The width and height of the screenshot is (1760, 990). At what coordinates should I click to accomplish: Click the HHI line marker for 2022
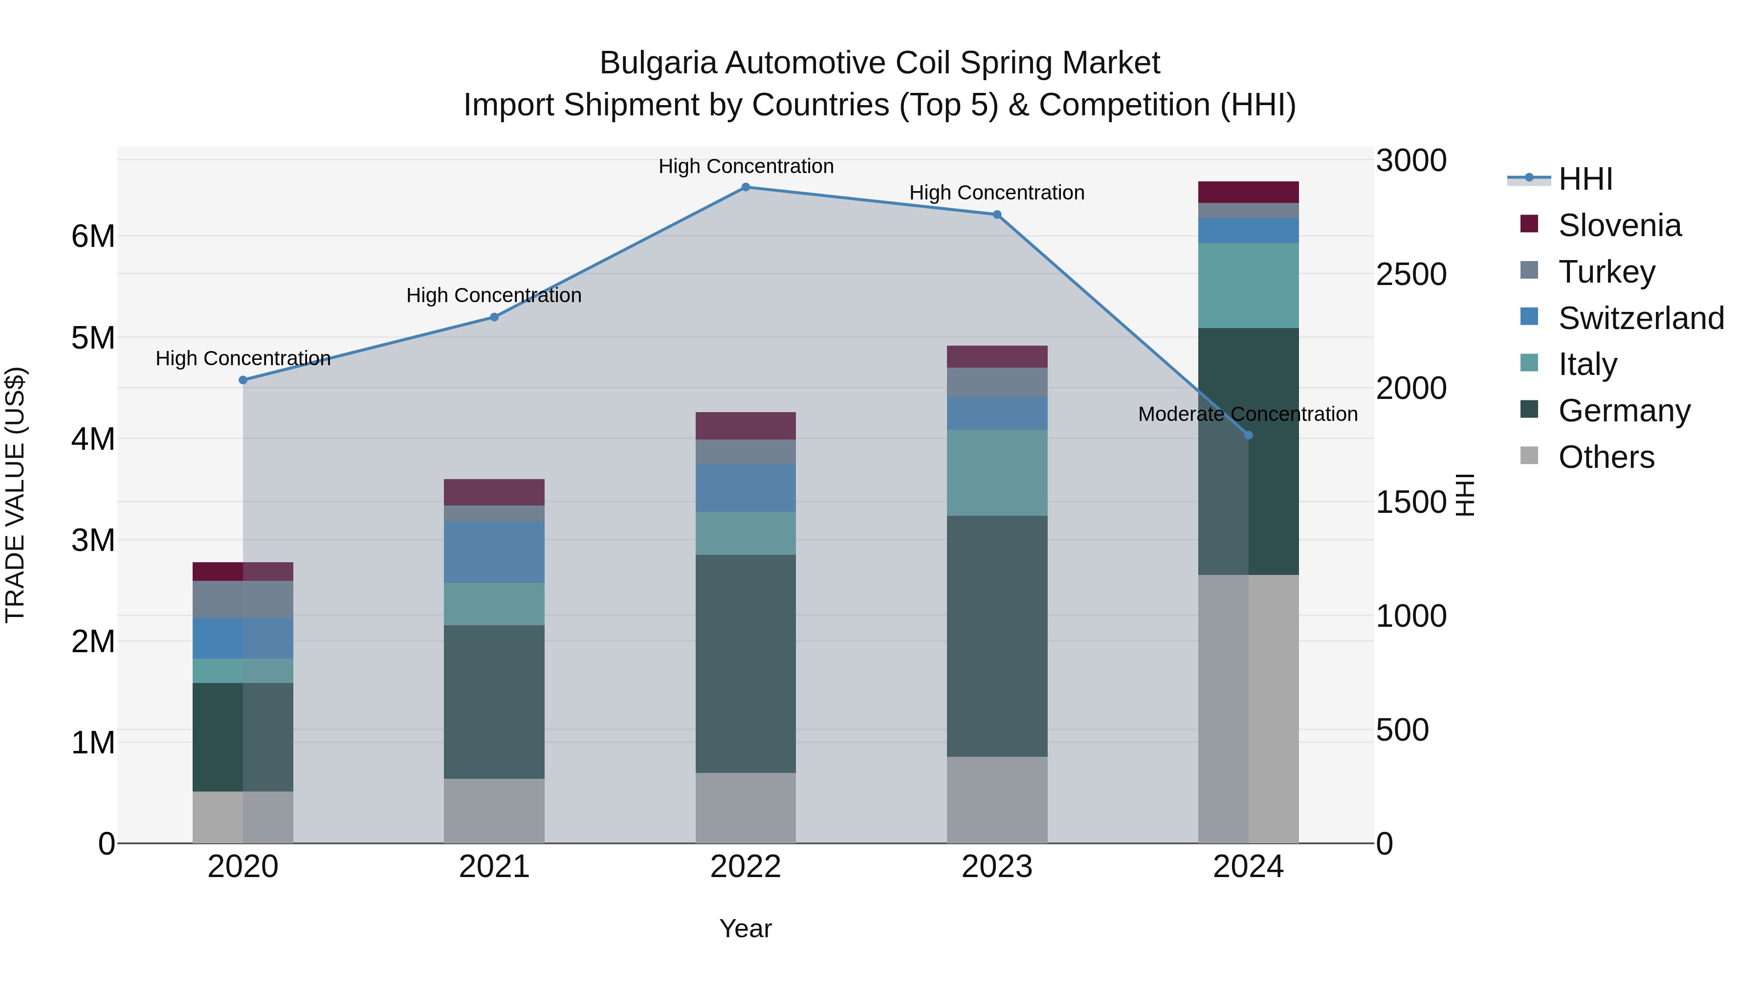tap(746, 187)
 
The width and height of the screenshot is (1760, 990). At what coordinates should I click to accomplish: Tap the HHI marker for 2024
tap(1248, 435)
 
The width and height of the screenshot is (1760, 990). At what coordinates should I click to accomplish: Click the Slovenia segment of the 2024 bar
tap(1248, 192)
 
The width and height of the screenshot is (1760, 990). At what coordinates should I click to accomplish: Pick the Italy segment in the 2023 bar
tap(997, 473)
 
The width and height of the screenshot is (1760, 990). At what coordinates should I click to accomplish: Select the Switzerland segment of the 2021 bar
tap(494, 552)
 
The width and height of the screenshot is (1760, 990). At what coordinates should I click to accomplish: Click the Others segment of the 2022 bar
tap(746, 808)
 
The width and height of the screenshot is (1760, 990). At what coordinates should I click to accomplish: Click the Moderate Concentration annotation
tap(1248, 414)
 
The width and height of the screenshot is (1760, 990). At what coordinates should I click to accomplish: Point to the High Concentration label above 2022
tap(746, 166)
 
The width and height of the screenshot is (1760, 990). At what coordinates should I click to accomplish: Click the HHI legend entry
tap(1585, 179)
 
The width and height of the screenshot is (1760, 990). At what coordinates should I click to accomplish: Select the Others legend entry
tap(1606, 457)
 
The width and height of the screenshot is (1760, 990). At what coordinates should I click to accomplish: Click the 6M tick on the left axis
tap(93, 237)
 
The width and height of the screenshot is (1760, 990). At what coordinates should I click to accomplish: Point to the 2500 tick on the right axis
tap(1411, 275)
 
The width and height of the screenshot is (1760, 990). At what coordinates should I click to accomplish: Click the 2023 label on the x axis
tap(997, 867)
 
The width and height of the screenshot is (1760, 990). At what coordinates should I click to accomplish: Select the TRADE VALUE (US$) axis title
tap(15, 495)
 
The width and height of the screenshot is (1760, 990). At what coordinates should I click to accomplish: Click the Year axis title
tap(746, 928)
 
